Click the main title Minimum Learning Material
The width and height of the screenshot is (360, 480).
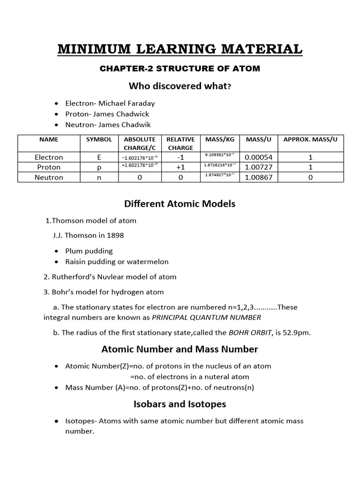coord(180,49)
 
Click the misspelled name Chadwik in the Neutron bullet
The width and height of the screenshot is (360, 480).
coord(137,124)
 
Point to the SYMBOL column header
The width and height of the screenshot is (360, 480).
coord(99,140)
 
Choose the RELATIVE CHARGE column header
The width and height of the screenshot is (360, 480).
coord(180,143)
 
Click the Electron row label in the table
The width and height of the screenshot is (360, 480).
coord(49,157)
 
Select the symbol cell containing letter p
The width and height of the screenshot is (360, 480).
coord(99,167)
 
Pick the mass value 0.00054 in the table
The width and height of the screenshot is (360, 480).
coord(259,157)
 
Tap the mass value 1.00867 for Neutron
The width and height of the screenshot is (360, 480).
coord(259,178)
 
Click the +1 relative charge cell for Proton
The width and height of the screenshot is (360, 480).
coord(180,167)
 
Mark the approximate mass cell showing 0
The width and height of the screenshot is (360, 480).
coord(310,178)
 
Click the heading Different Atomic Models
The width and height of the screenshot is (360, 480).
coord(180,204)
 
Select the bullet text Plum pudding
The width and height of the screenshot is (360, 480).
coord(89,251)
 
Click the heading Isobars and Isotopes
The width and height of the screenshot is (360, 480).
coord(180,404)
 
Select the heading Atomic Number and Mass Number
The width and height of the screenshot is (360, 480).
coord(180,349)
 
